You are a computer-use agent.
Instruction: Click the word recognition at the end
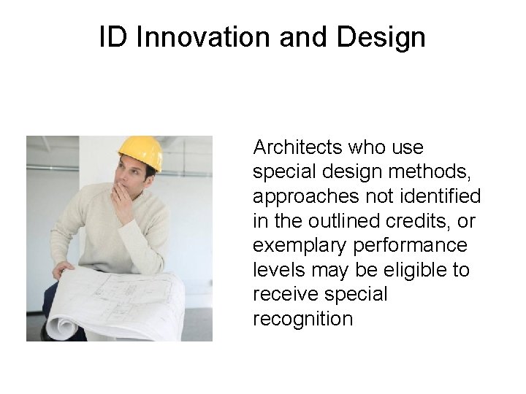point(302,319)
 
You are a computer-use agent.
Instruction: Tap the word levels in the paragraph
point(273,270)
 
